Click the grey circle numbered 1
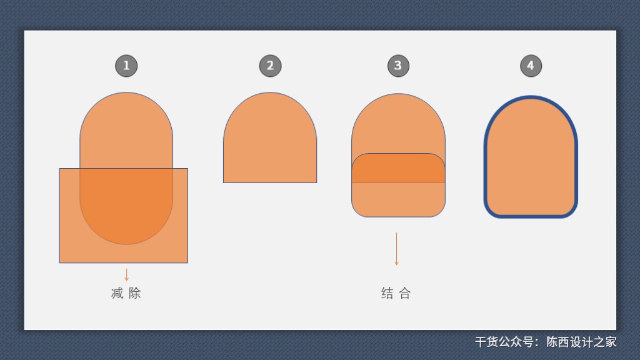point(126,66)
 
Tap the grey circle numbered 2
point(270,66)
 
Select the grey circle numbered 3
point(398,66)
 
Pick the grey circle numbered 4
point(531,66)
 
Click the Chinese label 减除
point(126,293)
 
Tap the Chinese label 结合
point(396,293)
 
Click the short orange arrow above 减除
point(126,275)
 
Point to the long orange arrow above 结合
point(396,249)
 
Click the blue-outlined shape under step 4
point(531,157)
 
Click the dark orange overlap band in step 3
point(398,168)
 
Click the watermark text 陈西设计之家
point(581,342)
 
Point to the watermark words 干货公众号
point(504,342)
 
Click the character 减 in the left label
point(117,293)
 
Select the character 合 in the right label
point(405,293)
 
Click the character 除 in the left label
point(135,293)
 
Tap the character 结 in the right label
point(387,293)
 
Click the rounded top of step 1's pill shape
point(126,122)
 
